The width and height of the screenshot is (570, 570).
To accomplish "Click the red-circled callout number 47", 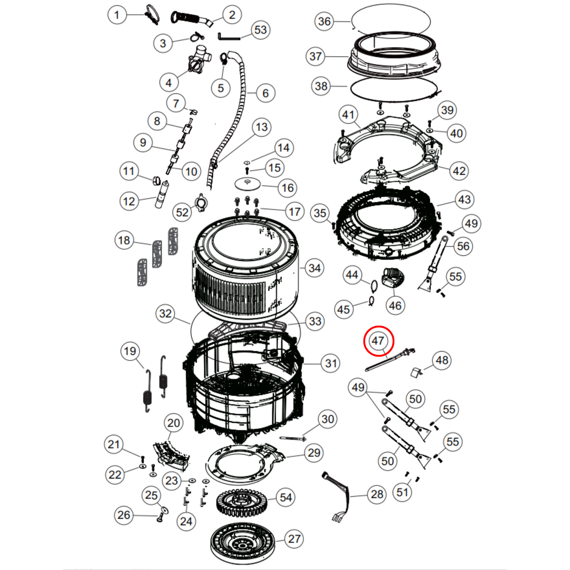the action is click(x=378, y=341).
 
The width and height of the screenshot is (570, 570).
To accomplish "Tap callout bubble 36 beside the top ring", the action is click(x=324, y=21).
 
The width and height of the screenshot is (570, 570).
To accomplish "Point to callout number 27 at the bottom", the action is click(x=294, y=539).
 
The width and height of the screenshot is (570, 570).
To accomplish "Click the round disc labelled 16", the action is click(x=248, y=184).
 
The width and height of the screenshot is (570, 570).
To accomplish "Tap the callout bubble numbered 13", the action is click(x=262, y=127).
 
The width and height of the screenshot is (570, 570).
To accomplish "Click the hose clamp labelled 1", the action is click(x=152, y=15).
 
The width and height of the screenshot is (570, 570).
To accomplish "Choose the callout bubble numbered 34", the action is click(x=314, y=268).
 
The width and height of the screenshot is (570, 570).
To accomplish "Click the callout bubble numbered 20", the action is click(x=173, y=423).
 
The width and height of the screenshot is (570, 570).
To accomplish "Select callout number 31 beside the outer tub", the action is click(x=331, y=363).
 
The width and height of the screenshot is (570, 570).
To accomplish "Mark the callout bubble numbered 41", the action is click(x=348, y=114).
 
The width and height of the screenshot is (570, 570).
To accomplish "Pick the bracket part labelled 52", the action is click(x=201, y=202).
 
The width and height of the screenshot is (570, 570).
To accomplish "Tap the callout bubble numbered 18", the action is click(x=124, y=240).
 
